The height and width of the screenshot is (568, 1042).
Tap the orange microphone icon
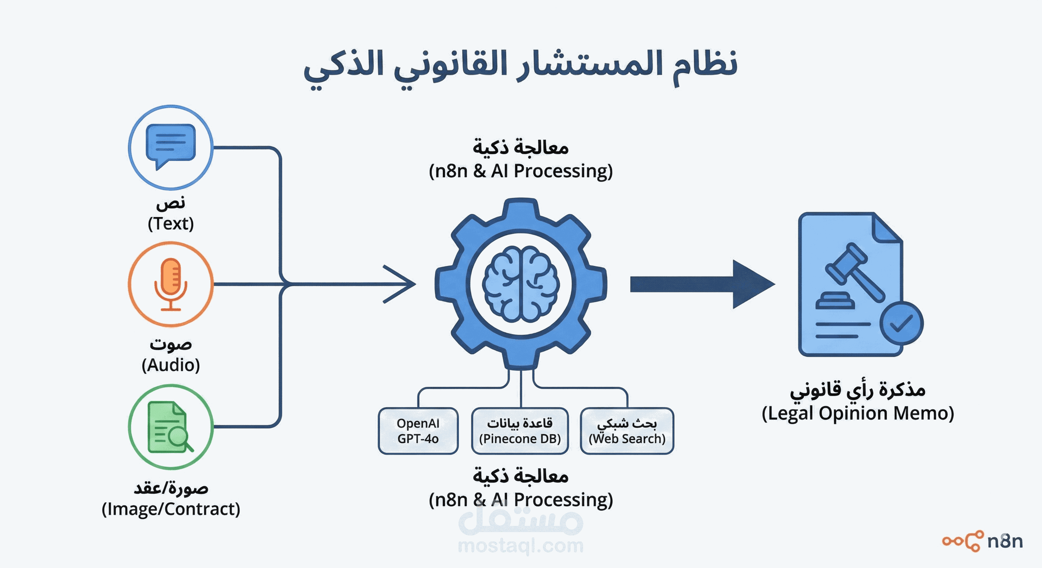(x=170, y=283)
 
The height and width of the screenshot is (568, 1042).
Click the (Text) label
(x=170, y=224)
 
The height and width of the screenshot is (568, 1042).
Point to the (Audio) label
(x=170, y=365)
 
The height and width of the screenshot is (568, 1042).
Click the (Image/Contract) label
(x=170, y=509)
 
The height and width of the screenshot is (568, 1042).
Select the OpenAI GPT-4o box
(x=418, y=431)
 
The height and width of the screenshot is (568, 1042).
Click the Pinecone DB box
(x=520, y=431)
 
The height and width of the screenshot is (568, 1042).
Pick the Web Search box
(x=626, y=431)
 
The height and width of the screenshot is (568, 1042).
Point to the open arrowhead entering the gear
(x=400, y=284)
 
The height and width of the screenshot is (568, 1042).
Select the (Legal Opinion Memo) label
(x=858, y=413)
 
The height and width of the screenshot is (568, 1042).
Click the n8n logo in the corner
(x=983, y=541)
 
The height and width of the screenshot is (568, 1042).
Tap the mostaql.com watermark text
(x=521, y=546)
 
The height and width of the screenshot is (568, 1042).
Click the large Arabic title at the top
(x=521, y=66)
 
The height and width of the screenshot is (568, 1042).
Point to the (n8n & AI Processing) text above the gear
(x=521, y=171)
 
